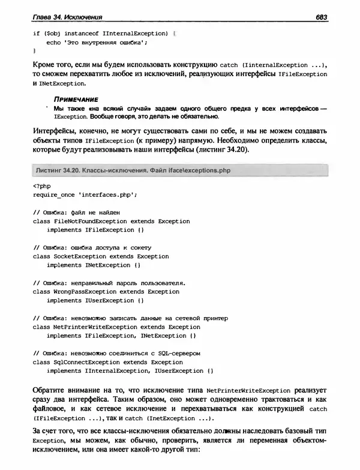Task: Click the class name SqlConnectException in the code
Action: pos(86,362)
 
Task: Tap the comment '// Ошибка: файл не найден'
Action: pos(77,212)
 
